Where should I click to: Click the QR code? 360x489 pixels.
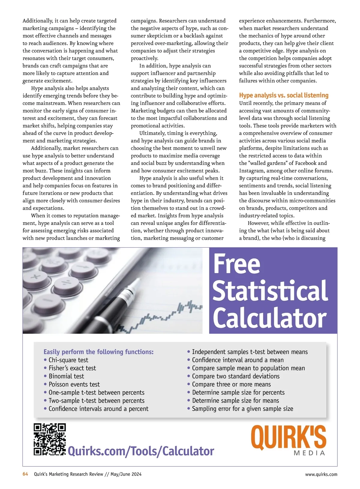49,439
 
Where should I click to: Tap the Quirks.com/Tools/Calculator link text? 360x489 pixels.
141,451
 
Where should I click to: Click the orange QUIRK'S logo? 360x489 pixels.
288,438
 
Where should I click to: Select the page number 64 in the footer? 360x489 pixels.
25,474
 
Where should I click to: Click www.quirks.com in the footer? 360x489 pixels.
321,474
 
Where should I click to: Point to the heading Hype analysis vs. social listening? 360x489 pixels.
283,95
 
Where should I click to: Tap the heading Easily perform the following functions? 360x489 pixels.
98,352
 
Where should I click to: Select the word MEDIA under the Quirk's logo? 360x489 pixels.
309,453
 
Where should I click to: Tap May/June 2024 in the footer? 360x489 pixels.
126,474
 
